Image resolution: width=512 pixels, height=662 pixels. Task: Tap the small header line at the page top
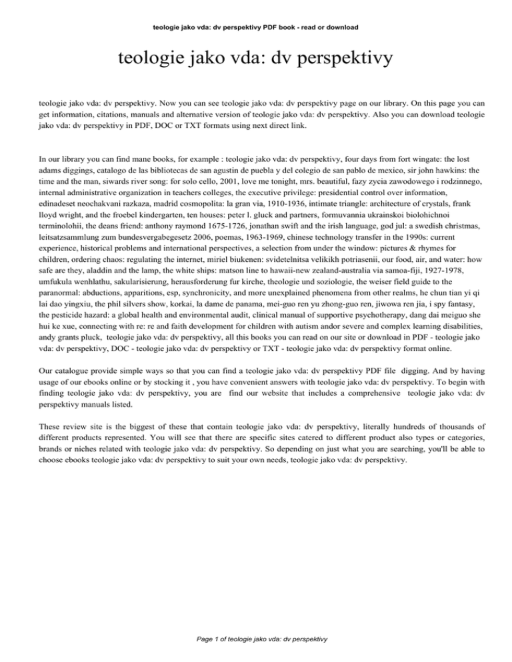pyautogui.click(x=255, y=28)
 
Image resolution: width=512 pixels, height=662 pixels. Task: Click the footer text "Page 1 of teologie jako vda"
pyautogui.click(x=255, y=639)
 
